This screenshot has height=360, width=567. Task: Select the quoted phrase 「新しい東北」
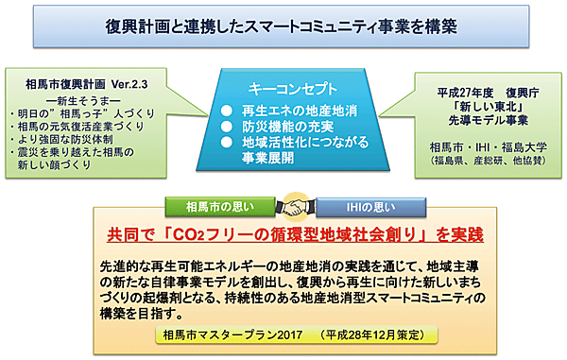tap(486, 108)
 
